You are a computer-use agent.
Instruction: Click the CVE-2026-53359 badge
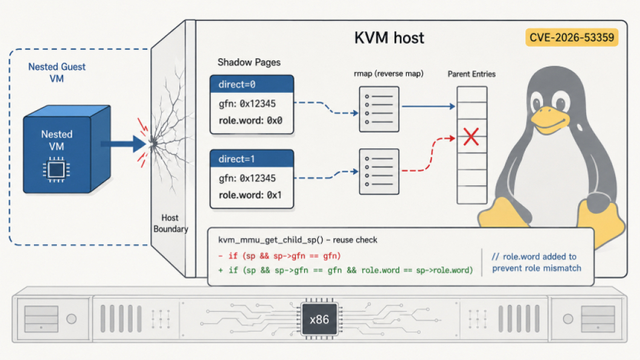572,38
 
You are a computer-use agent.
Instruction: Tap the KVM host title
389,38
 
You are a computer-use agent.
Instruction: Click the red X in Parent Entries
471,137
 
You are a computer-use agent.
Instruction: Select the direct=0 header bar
252,84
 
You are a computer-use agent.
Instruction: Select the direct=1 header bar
252,159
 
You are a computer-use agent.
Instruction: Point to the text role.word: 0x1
250,195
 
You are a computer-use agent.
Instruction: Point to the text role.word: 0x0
250,121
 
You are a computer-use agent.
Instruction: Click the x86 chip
319,319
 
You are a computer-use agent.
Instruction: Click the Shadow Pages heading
249,62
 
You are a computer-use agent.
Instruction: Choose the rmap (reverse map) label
388,73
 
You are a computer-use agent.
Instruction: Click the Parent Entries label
472,74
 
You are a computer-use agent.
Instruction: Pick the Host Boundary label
171,223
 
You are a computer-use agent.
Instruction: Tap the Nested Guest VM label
57,72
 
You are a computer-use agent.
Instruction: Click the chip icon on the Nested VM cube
56,169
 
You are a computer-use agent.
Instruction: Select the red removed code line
279,256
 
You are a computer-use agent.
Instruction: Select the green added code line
345,270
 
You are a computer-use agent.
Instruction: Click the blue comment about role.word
536,262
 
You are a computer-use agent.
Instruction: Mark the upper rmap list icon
379,109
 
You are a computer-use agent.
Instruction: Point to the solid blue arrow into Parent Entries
428,107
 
